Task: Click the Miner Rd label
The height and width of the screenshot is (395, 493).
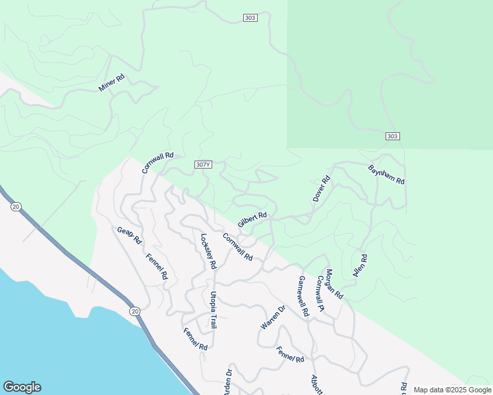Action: [x=111, y=83]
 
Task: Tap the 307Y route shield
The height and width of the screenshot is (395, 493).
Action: [x=204, y=164]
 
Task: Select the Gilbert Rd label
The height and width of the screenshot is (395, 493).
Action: [x=252, y=219]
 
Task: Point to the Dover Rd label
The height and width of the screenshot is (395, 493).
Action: [x=320, y=189]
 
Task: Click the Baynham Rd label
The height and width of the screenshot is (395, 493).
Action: [x=386, y=174]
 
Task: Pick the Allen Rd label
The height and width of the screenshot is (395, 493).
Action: [x=360, y=265]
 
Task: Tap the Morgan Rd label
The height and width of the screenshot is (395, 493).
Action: [x=334, y=284]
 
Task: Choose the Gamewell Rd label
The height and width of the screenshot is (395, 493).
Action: [x=303, y=296]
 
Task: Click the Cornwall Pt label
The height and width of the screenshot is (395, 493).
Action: [x=320, y=293]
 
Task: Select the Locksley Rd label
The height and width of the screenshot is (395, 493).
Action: [x=208, y=251]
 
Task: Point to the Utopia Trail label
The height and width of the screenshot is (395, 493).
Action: [x=213, y=309]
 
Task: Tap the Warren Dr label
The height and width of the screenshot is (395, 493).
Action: [x=272, y=317]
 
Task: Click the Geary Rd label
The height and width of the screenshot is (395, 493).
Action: [x=129, y=235]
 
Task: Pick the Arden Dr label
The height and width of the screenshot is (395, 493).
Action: [x=229, y=381]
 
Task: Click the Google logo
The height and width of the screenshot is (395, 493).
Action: [x=22, y=387]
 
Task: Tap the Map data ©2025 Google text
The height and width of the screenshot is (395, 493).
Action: [x=451, y=390]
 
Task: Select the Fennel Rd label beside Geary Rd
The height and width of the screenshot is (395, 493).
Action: [x=157, y=267]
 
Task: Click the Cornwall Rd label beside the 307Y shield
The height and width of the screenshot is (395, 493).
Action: [x=158, y=163]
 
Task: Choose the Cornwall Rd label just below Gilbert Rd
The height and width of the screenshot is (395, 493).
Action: [x=237, y=247]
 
